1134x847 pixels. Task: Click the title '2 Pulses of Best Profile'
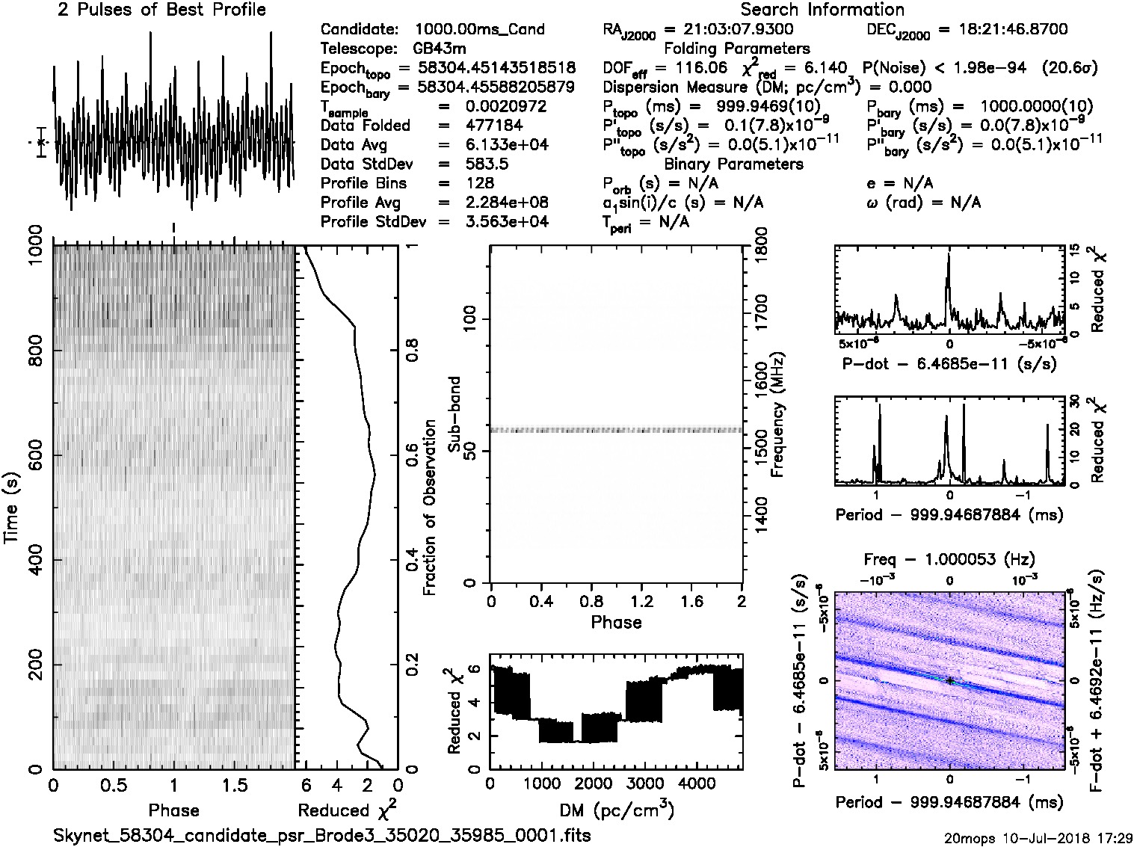[161, 10]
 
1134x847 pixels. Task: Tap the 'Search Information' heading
[822, 10]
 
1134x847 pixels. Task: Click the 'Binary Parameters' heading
[734, 164]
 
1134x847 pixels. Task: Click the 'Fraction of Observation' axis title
[430, 508]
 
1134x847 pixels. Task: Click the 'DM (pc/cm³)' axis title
[616, 810]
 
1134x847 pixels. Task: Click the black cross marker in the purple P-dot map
[949, 680]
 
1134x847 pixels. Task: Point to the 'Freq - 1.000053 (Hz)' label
[949, 559]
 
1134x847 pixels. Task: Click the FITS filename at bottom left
[322, 835]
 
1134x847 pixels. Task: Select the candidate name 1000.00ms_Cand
[479, 29]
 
